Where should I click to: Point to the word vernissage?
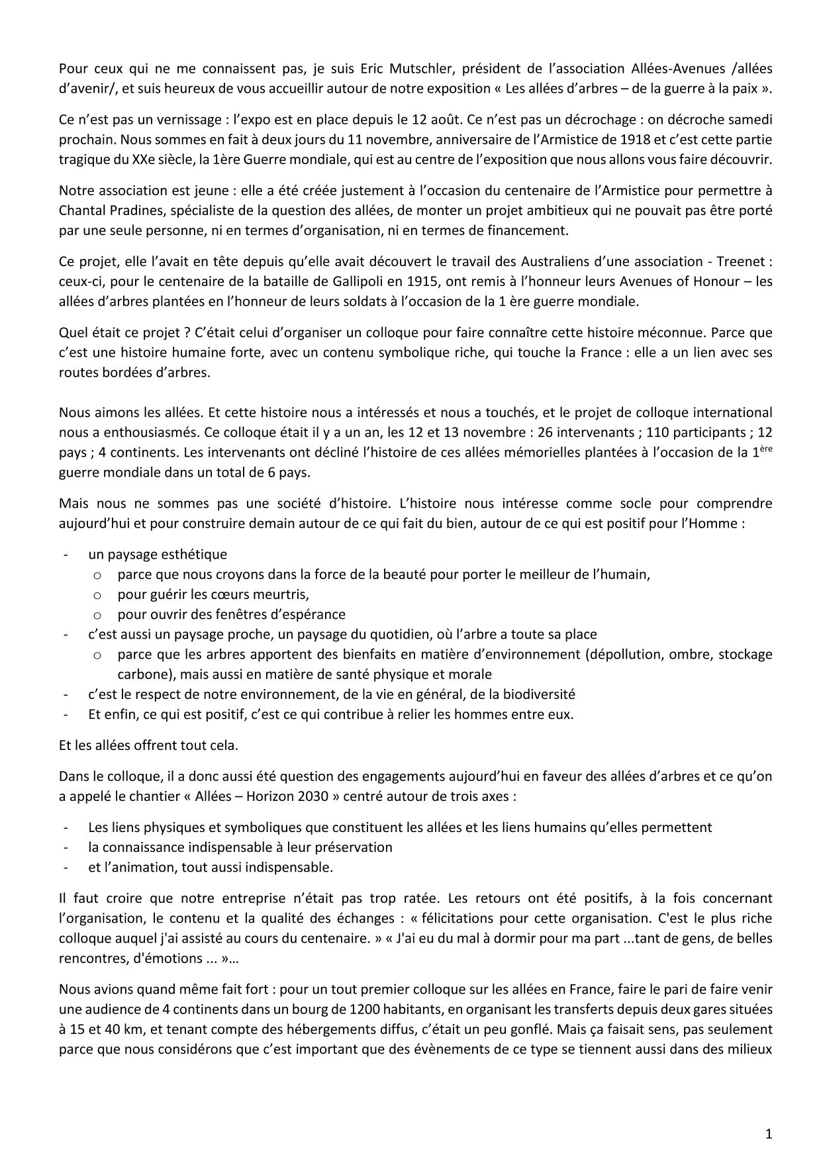[168, 120]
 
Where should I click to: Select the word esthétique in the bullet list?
[197, 554]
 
